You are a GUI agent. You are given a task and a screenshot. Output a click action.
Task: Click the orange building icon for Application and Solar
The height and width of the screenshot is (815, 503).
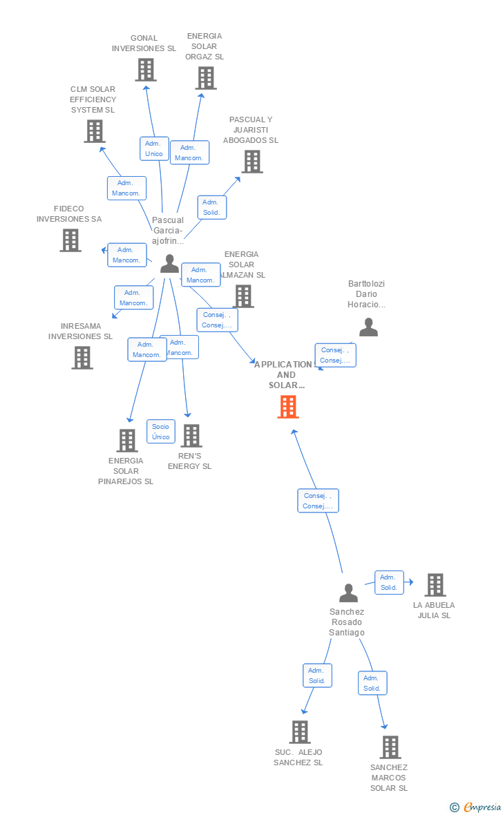tap(288, 407)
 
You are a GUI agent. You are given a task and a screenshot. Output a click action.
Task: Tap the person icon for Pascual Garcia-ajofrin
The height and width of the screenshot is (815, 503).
tap(169, 264)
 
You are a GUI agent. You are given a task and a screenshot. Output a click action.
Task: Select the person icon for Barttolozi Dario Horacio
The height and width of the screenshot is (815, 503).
tap(368, 327)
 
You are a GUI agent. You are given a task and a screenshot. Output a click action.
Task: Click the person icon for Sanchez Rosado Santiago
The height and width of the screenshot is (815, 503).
tap(348, 593)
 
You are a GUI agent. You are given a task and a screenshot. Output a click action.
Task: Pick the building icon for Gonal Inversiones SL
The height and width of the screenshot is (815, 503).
tap(145, 70)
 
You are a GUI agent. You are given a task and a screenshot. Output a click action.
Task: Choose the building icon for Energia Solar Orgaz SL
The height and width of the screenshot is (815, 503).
tap(206, 78)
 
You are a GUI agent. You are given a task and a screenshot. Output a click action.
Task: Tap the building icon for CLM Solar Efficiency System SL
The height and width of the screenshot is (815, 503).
tap(95, 131)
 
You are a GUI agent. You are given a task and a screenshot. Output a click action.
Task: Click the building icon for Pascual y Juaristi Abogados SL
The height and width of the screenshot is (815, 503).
tap(252, 162)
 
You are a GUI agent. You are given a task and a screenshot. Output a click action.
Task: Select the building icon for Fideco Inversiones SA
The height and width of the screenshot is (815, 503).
tap(70, 240)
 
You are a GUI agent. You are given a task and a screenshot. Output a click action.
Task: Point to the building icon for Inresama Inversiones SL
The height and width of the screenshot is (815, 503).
tap(82, 357)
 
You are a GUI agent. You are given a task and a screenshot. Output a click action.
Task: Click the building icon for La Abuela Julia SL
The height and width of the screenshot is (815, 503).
tap(435, 585)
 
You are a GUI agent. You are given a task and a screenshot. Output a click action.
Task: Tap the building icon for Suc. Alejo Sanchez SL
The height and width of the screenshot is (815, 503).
tap(299, 732)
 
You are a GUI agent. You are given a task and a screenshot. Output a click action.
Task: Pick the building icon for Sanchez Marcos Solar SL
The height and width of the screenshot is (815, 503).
tap(390, 747)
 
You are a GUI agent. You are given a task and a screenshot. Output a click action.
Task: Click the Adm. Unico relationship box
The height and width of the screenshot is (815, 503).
tap(154, 148)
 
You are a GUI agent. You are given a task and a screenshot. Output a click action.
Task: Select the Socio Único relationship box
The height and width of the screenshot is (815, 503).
tap(160, 432)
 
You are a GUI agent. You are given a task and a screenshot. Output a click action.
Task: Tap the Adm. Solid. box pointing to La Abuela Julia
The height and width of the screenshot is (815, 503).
tap(389, 582)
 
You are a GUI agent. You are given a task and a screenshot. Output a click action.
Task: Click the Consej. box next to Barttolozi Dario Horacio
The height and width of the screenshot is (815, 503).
tap(336, 355)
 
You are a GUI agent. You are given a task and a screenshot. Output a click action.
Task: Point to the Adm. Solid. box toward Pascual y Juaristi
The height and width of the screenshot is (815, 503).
tap(211, 207)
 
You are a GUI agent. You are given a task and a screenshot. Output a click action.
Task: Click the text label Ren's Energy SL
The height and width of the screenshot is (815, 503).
tap(190, 461)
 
